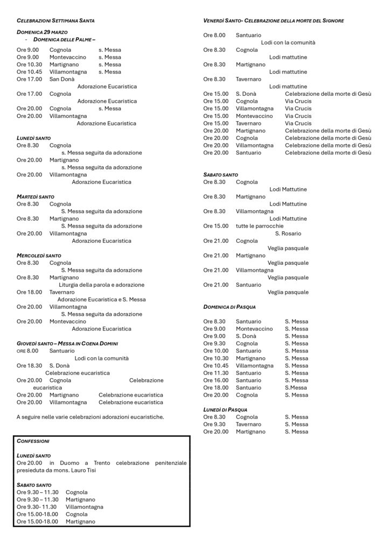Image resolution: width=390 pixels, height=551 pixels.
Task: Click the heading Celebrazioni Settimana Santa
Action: pos(55,20)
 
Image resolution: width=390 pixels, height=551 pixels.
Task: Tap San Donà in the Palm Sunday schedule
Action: pos(62,79)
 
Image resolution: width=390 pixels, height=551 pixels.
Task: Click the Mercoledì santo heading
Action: pos(39,256)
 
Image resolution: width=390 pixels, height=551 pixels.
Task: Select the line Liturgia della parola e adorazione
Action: pos(101,285)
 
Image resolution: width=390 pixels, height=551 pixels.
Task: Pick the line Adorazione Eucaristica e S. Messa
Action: pos(101,299)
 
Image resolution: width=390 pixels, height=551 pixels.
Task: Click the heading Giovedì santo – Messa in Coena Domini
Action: pos(67,343)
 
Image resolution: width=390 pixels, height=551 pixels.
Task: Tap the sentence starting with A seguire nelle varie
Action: pos(90,416)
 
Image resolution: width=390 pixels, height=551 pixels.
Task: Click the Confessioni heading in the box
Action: pos(33,441)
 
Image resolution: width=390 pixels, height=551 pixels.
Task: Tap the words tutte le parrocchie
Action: pos(260,226)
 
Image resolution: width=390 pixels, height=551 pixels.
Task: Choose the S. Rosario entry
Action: pos(288,234)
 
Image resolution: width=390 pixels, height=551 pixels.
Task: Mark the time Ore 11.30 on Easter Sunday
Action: pos(215,373)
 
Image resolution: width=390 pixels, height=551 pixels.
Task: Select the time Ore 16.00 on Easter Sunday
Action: pos(215,380)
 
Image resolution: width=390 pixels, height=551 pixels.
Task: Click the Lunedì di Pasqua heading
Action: pos(225,409)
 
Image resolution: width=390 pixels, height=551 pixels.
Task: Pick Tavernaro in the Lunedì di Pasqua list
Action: pos(248,424)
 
